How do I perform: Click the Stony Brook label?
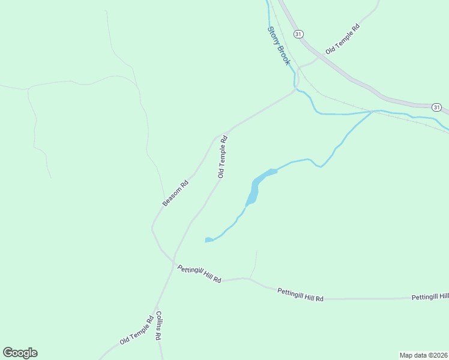pyautogui.click(x=279, y=46)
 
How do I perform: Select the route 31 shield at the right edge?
pyautogui.click(x=436, y=107)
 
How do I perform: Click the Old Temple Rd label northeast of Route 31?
pyautogui.click(x=342, y=40)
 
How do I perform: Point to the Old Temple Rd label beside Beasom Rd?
pyautogui.click(x=223, y=157)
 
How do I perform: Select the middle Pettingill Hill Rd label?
pyautogui.click(x=300, y=294)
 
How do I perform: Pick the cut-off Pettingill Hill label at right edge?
pyautogui.click(x=430, y=297)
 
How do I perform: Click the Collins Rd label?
pyautogui.click(x=159, y=325)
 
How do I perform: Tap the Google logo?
pyautogui.click(x=20, y=353)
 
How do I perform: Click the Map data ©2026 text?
pyautogui.click(x=423, y=355)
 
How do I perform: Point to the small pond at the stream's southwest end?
pyautogui.click(x=208, y=240)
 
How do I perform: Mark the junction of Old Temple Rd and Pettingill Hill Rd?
pyautogui.click(x=175, y=265)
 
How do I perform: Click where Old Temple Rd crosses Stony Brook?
pyautogui.click(x=295, y=88)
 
